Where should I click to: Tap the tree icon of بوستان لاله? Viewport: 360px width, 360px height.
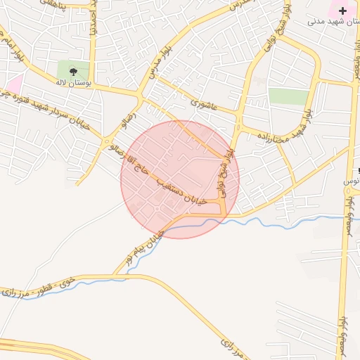click(x=73, y=71)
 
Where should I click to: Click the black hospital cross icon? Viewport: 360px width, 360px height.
click(x=342, y=11)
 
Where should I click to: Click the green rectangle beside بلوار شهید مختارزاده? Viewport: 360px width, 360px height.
click(x=288, y=96)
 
